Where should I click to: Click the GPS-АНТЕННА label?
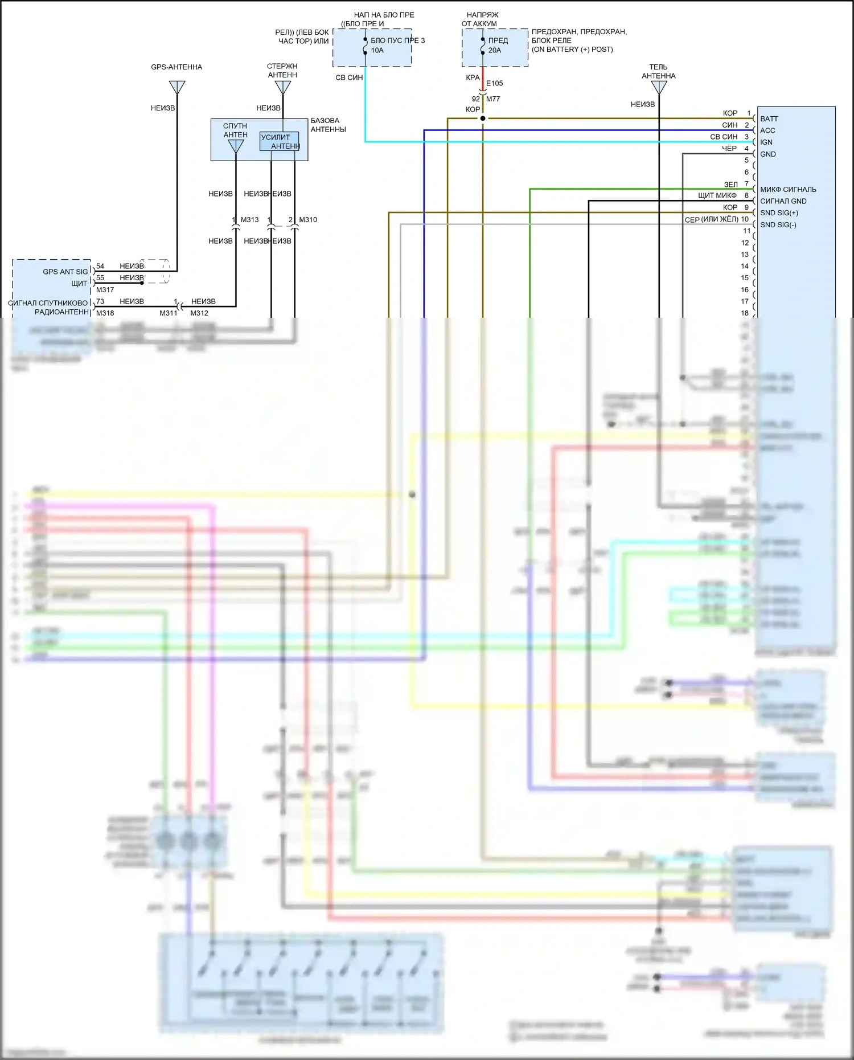pos(176,67)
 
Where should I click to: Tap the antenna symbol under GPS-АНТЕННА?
pos(177,88)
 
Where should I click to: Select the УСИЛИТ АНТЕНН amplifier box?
pos(279,141)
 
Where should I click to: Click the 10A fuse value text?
pos(377,51)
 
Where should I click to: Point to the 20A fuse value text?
pos(495,51)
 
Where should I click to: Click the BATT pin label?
pos(769,119)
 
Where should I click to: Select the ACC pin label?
pos(767,130)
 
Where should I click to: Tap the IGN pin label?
pos(766,142)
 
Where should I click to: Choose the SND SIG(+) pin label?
pos(779,213)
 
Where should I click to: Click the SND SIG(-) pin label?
pos(778,225)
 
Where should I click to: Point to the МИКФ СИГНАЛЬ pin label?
pos(788,190)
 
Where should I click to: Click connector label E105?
pos(494,84)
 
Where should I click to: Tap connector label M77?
pos(493,99)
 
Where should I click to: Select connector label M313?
pos(249,220)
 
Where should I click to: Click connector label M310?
pos(308,220)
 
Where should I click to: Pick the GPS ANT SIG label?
pos(65,272)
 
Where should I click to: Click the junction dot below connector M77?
pos(483,118)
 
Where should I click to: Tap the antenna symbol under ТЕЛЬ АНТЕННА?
pos(659,87)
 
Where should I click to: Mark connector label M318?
pos(105,313)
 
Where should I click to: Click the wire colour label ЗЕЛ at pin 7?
pos(730,185)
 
